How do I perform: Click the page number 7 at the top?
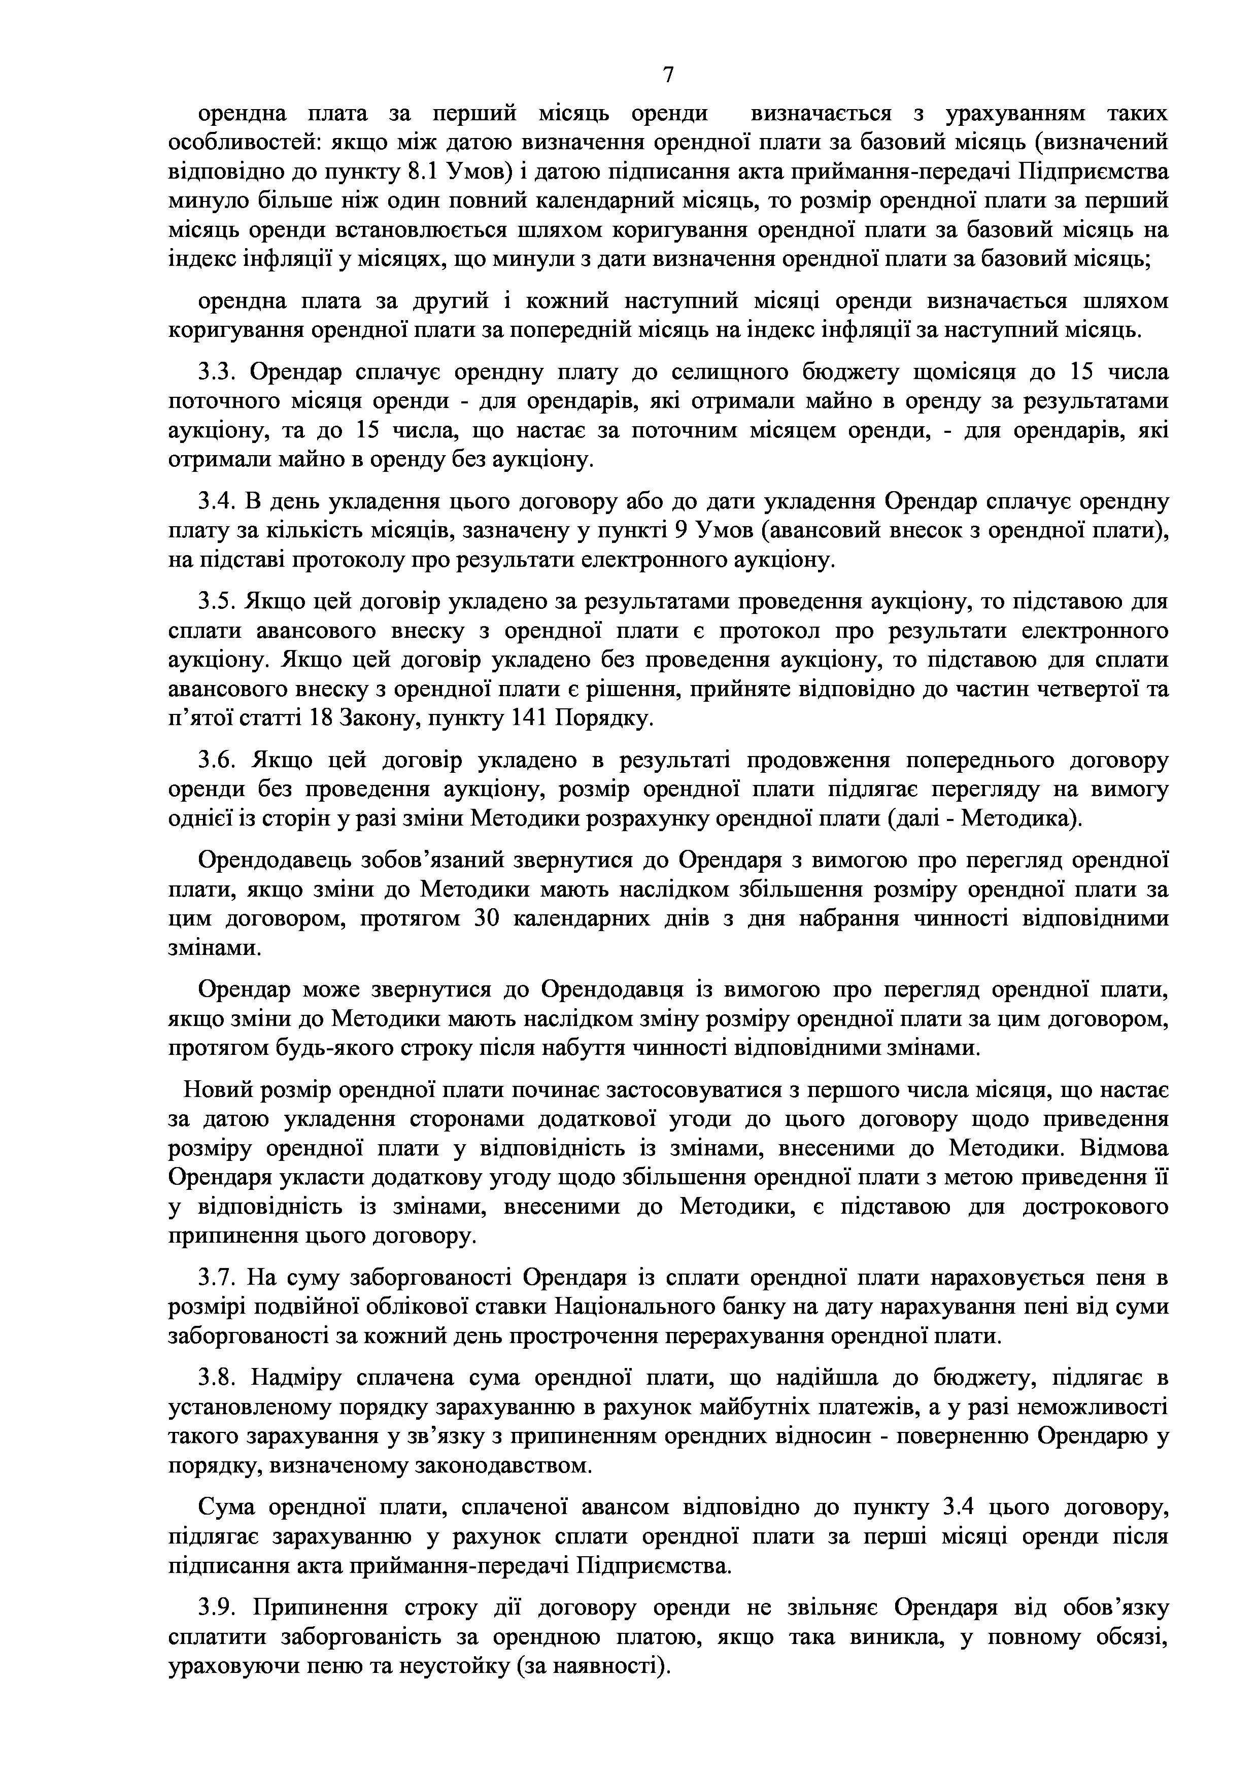pos(668,75)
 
